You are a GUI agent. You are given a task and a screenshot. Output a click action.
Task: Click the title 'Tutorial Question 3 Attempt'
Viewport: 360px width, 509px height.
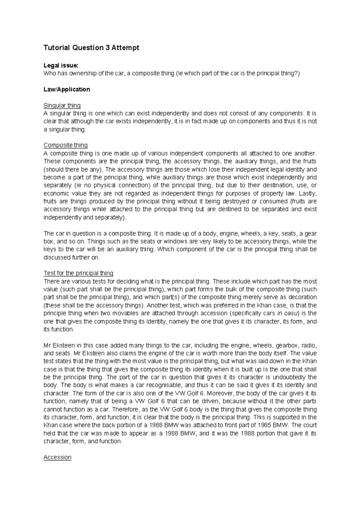click(91, 48)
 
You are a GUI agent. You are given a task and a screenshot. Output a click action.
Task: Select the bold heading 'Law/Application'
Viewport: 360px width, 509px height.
click(67, 89)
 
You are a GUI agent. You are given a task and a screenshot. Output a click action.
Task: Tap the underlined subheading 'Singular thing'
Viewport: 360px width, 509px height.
click(62, 106)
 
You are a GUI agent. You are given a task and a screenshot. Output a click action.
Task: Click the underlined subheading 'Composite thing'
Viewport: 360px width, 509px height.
click(65, 145)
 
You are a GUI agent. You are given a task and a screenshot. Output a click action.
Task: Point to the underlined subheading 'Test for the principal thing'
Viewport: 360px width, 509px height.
click(78, 273)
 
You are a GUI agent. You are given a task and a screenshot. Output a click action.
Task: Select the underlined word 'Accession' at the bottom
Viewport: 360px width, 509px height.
click(57, 457)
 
